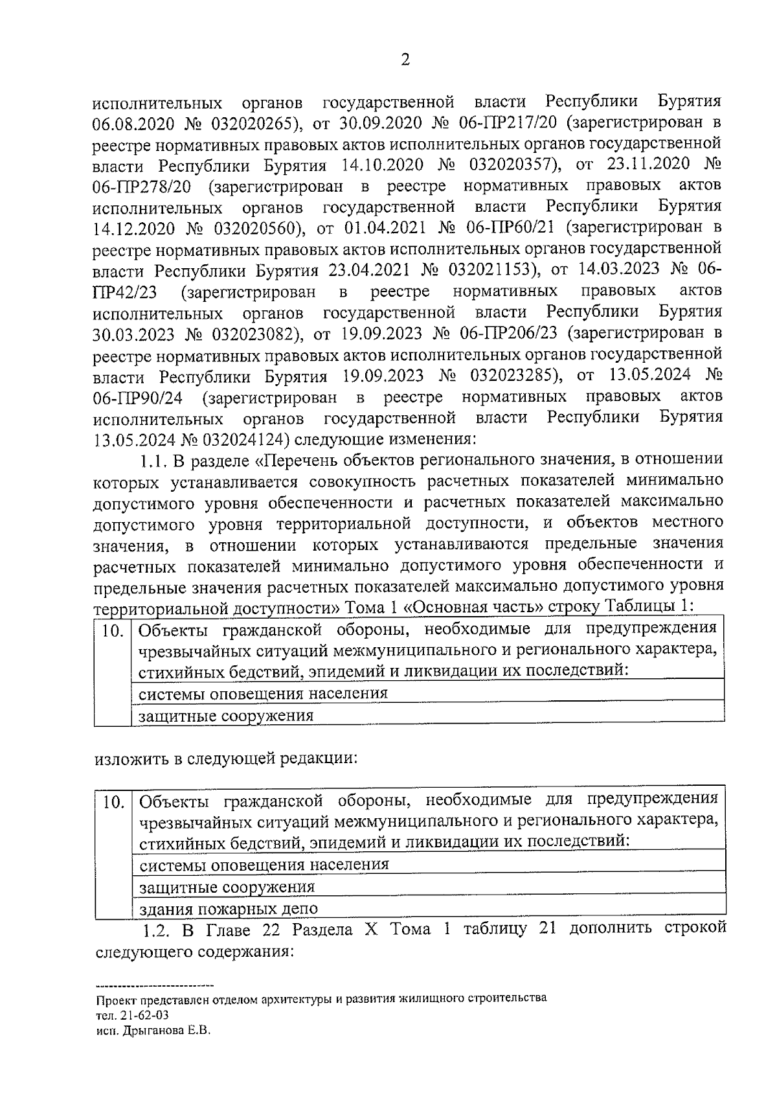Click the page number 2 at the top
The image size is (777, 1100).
click(405, 60)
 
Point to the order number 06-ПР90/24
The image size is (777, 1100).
click(137, 397)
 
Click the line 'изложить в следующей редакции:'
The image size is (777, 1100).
click(226, 758)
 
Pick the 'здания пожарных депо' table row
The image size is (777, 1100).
click(229, 908)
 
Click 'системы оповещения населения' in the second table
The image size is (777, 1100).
click(264, 865)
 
